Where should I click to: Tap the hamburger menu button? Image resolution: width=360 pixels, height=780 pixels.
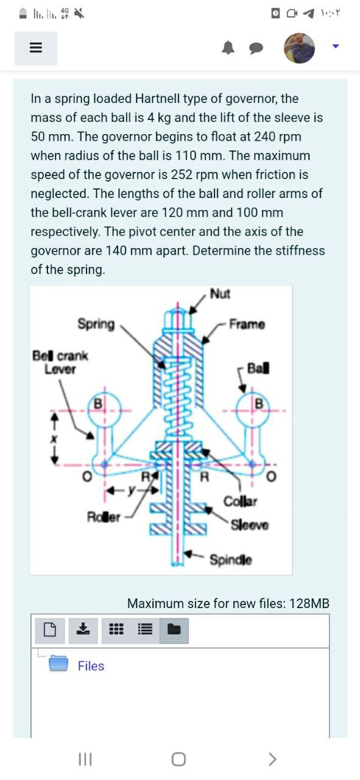35,48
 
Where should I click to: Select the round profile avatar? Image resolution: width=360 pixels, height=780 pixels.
299,48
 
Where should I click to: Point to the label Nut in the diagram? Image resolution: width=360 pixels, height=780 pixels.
220,294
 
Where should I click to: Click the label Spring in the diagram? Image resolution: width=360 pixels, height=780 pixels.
96,324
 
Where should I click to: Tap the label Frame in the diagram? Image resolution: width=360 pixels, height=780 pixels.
247,324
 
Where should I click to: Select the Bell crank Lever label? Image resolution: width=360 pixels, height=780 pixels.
60,362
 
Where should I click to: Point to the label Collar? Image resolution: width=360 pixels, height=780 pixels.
241,502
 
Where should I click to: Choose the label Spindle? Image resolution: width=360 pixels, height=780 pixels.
231,559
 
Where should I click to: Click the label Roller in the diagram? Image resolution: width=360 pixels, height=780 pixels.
103,517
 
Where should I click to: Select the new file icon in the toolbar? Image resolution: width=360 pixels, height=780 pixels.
50,629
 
